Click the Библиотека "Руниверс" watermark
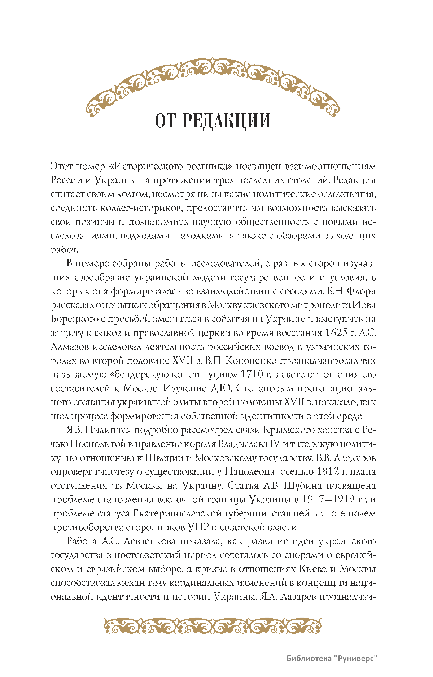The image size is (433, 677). point(332,658)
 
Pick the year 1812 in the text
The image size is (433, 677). point(328,471)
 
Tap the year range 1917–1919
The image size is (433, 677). point(328,499)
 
